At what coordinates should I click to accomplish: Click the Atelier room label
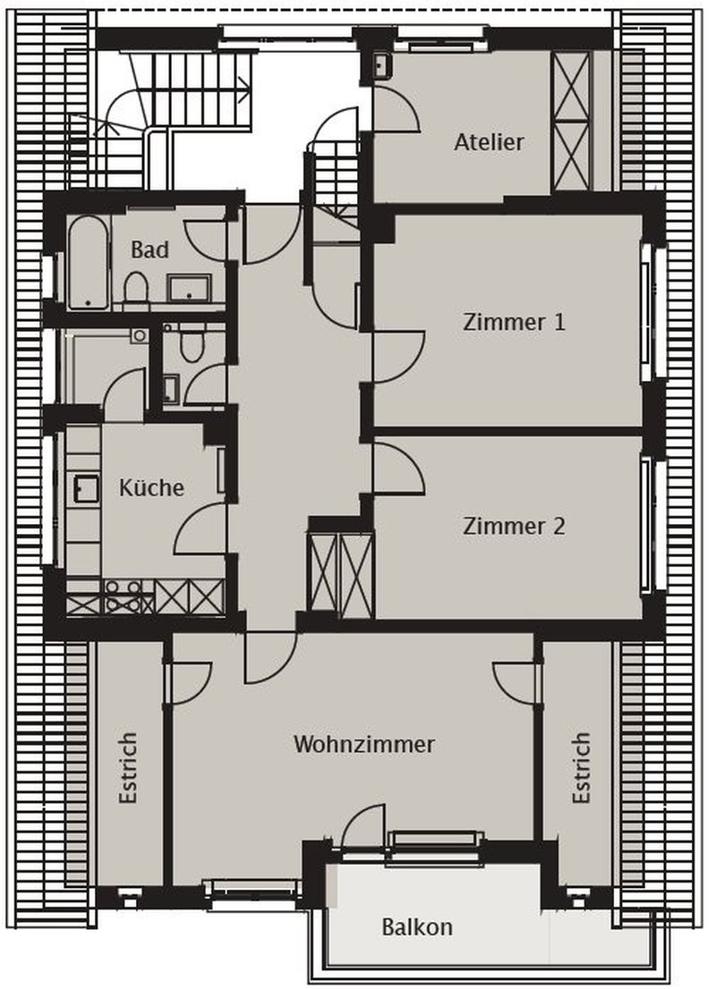pos(488,141)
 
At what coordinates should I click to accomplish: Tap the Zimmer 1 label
pos(514,322)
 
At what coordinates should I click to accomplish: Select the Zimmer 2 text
pos(514,526)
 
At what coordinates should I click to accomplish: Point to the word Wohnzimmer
pos(363,744)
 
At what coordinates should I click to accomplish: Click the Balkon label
pos(416,926)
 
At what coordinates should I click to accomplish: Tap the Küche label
pos(151,487)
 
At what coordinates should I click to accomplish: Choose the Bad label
pos(149,249)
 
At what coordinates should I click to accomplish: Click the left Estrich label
pos(128,769)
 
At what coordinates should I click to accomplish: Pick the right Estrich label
pos(582,769)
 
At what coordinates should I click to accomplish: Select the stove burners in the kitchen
pos(124,596)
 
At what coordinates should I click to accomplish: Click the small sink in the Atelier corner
pos(382,65)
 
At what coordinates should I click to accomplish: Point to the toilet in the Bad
pos(136,289)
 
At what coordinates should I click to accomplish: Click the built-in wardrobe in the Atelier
pos(571,121)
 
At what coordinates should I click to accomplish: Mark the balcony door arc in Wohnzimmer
pos(365,824)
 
